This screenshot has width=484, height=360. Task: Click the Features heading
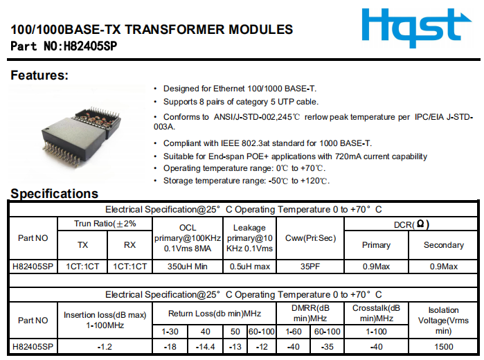(x=39, y=75)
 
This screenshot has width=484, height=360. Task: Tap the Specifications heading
(x=54, y=193)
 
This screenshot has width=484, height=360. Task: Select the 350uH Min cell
(x=188, y=267)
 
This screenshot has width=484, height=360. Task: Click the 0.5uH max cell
(x=249, y=267)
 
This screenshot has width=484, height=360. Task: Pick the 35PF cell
(x=310, y=267)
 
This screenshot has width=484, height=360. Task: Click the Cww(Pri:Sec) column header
(x=310, y=238)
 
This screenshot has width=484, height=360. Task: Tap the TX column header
(x=82, y=244)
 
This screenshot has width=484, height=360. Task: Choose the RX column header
(x=129, y=244)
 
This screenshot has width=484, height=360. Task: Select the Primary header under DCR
(x=376, y=244)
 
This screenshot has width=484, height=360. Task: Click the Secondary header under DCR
(x=443, y=244)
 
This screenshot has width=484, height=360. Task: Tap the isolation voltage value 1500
(x=444, y=345)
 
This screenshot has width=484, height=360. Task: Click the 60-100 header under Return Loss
(x=262, y=332)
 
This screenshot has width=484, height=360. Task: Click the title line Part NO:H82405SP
(x=69, y=46)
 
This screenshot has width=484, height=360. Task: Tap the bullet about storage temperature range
(x=246, y=181)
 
